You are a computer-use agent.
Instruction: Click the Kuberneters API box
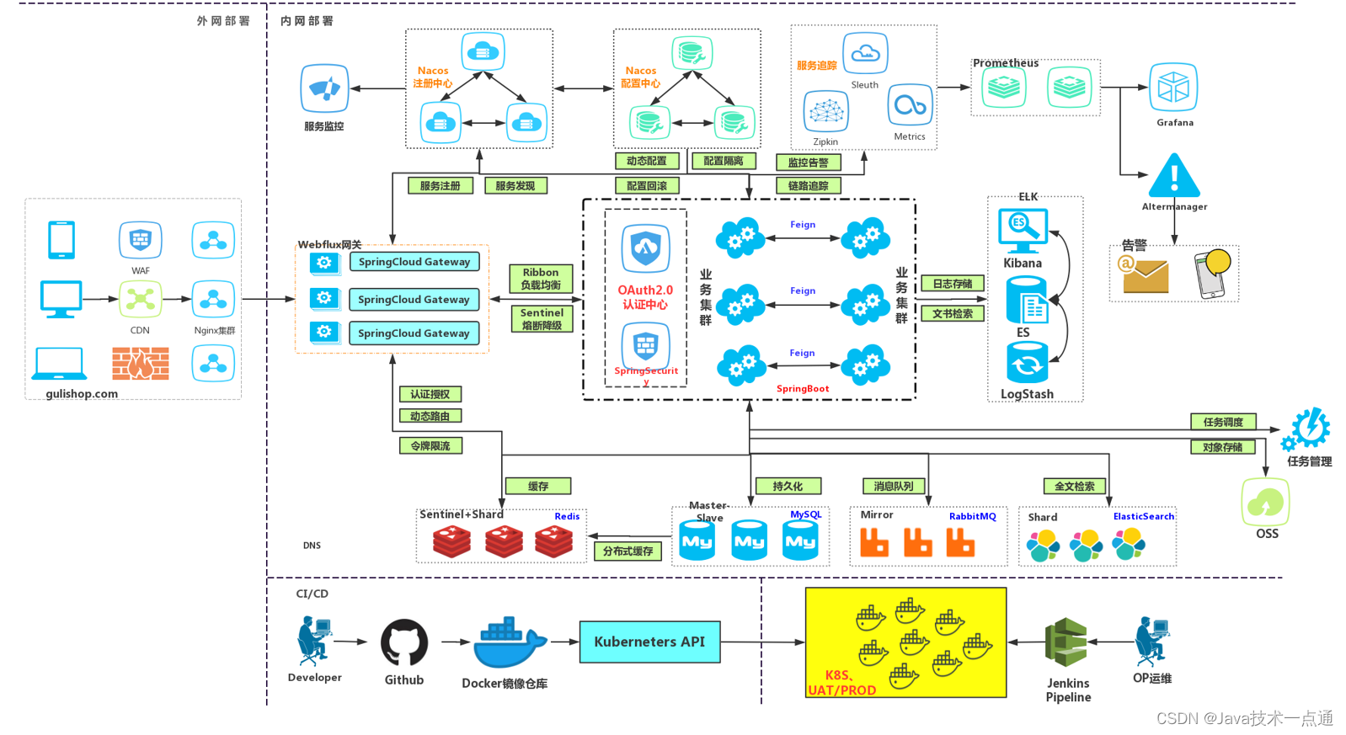pos(649,642)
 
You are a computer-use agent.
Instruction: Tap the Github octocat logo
pos(404,643)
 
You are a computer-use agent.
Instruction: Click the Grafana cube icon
pos(1173,88)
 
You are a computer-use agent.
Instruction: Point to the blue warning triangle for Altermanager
pos(1174,175)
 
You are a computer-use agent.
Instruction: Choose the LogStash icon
pos(1027,363)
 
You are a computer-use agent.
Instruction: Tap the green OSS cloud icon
pos(1265,503)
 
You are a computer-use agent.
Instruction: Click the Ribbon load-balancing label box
pos(541,279)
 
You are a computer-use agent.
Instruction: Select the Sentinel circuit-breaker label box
pos(542,318)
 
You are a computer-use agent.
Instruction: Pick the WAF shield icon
pos(140,241)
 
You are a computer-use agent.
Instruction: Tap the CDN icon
pos(140,299)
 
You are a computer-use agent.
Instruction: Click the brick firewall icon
pos(140,364)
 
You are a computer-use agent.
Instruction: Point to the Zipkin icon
pos(825,112)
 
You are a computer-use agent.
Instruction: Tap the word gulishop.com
pos(82,394)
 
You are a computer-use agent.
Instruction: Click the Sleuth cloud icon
pos(865,54)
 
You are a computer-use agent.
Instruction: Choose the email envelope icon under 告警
pos(1145,274)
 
